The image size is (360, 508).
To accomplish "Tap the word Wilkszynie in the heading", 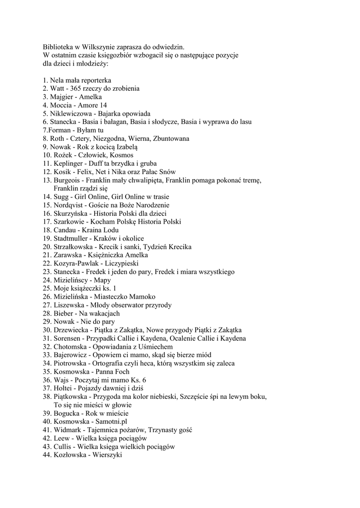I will click(103, 47).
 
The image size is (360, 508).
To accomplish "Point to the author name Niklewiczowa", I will click(70, 114).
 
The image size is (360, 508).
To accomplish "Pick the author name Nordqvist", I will click(68, 205).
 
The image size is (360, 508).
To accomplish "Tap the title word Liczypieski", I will click(122, 263).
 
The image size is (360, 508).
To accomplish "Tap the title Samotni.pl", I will click(112, 421).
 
